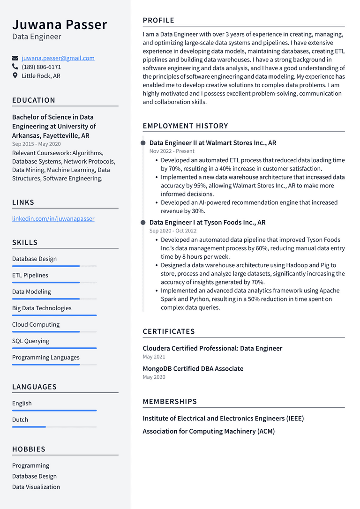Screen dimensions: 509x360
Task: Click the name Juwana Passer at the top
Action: (60, 24)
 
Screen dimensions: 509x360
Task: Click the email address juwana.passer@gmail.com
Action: (58, 58)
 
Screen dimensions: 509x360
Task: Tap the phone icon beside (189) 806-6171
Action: (15, 67)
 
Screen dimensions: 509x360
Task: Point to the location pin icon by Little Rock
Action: (15, 75)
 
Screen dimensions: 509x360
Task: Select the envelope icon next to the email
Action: (15, 59)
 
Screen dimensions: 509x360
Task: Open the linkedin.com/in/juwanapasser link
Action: (53, 218)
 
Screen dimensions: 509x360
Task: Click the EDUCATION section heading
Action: (34, 100)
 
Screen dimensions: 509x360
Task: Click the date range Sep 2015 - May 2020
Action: (36, 144)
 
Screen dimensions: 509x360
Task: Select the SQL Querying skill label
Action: (30, 341)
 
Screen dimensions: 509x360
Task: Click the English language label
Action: (22, 403)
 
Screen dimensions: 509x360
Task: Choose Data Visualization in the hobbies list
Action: (36, 487)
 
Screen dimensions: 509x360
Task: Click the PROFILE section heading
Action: (158, 21)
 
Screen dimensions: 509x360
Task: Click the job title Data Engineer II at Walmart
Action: (212, 143)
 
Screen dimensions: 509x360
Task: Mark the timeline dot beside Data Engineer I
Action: (143, 223)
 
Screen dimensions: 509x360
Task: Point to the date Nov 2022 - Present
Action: (172, 151)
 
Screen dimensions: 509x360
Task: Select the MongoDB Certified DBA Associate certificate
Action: (193, 369)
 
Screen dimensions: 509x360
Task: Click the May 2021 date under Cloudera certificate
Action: (154, 357)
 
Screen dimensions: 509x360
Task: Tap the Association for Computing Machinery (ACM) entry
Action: (209, 431)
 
